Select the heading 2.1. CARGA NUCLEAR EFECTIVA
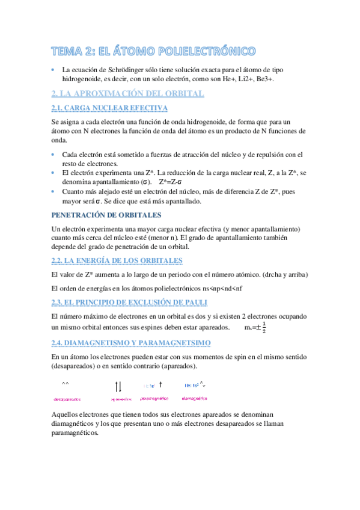coord(110,108)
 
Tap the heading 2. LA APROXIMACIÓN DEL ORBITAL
coord(128,93)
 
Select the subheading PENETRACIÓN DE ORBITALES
coord(106,215)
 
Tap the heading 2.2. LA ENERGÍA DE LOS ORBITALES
coord(117,260)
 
